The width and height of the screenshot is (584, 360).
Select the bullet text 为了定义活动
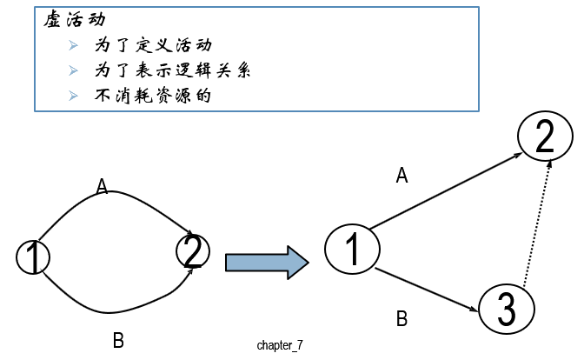pos(153,44)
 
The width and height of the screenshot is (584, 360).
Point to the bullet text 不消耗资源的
pos(152,94)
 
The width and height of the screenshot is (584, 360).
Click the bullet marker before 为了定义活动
pos(74,44)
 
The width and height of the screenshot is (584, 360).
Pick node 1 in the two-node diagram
pos(33,257)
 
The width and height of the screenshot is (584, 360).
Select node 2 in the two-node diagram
pos(193,251)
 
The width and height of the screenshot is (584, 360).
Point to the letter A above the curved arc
pos(103,185)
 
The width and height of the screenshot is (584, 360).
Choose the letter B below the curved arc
pos(118,340)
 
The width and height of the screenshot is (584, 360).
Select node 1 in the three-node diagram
pos(353,250)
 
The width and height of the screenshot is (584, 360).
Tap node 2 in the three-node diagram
pos(545,137)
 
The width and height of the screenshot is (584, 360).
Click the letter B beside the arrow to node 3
pos(401,318)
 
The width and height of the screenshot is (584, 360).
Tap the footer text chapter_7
pos(280,345)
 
